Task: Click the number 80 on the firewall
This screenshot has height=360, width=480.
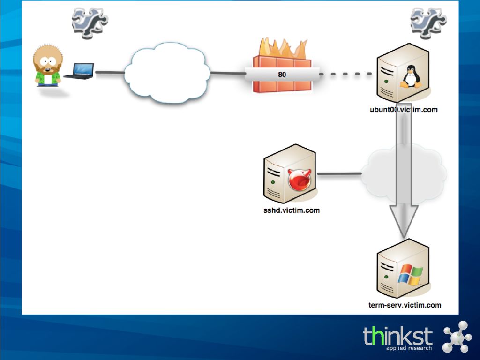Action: click(282, 74)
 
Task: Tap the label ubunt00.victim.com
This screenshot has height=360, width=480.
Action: click(404, 110)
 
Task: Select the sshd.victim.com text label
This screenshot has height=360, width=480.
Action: click(292, 210)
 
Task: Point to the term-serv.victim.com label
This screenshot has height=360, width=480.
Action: click(405, 305)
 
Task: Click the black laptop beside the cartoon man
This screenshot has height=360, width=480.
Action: click(79, 71)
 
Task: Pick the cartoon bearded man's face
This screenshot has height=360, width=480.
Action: click(46, 61)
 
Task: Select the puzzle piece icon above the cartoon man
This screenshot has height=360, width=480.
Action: click(90, 21)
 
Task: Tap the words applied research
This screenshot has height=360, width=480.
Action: click(409, 348)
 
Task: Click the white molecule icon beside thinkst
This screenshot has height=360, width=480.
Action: click(457, 336)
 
